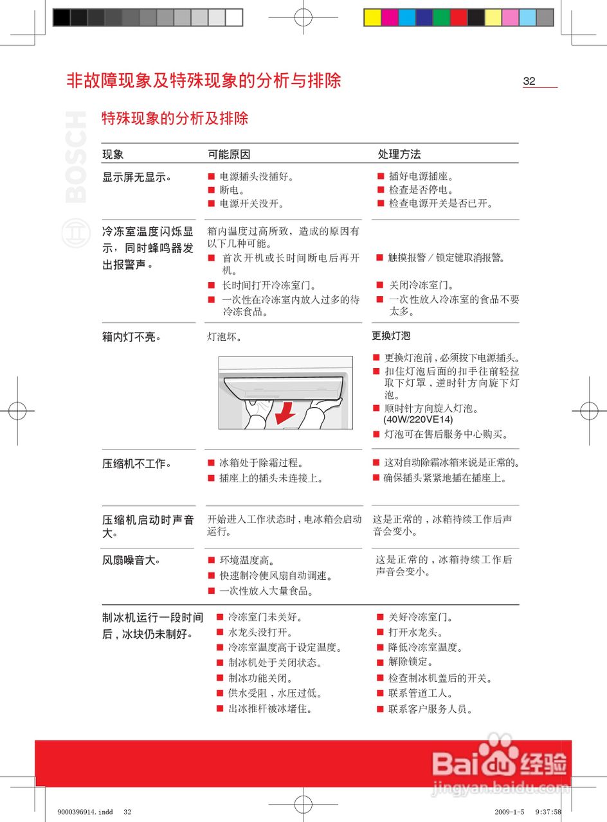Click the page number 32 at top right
click(x=529, y=81)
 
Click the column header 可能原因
click(x=229, y=155)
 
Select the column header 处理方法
click(x=399, y=155)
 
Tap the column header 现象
click(x=113, y=155)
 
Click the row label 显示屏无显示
click(x=136, y=177)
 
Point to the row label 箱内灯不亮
click(x=131, y=337)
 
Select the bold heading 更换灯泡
click(x=391, y=335)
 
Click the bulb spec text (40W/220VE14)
click(x=418, y=420)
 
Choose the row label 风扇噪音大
click(x=131, y=561)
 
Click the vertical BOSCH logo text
click(x=76, y=157)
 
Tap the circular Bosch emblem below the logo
click(x=75, y=232)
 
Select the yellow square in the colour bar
click(x=373, y=17)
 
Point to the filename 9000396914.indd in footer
click(x=80, y=812)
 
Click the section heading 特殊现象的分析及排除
click(x=175, y=118)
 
